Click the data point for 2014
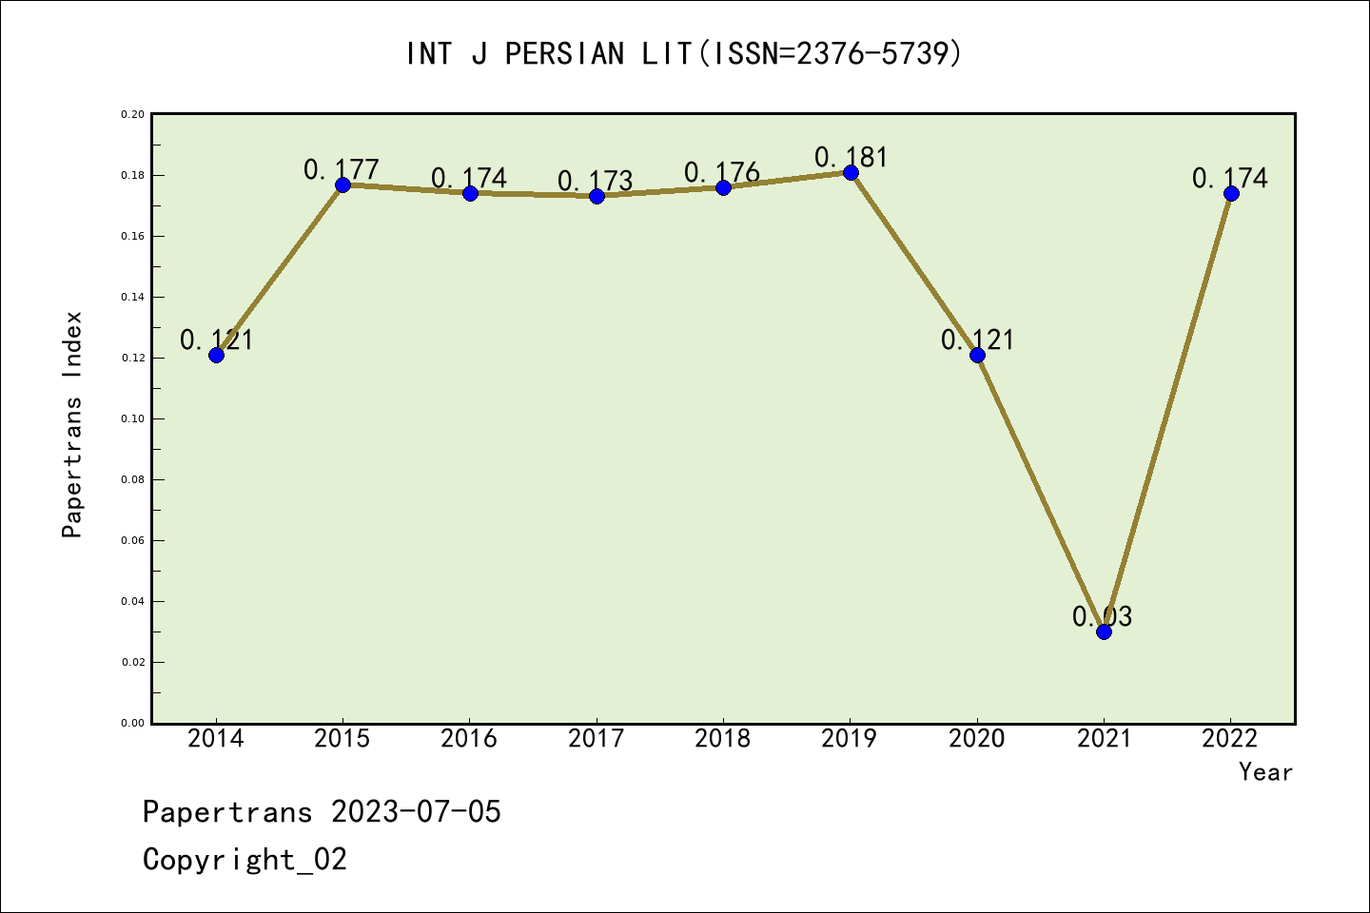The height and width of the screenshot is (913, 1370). pos(216,355)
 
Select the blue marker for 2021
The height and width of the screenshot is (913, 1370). pos(1104,631)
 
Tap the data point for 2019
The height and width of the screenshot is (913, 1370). pos(851,172)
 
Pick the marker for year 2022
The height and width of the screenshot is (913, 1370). pos(1231,193)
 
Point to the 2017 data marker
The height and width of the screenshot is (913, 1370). pos(597,196)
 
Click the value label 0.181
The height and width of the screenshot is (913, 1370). pos(851,157)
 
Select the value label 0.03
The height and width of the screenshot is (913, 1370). pos(1102,616)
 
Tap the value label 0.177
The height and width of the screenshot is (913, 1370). pos(342,169)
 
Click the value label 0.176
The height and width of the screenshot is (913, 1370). pos(722,172)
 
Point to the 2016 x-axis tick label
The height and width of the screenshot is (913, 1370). pos(469,739)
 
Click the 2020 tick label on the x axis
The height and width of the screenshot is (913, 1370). pos(977,739)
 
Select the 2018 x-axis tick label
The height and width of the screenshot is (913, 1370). pos(723,739)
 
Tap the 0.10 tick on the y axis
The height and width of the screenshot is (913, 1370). pos(132,418)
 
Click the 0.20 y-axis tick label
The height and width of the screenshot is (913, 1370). pos(132,114)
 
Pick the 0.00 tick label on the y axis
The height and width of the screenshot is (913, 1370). pos(132,723)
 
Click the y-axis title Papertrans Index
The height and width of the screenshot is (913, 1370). pos(72,424)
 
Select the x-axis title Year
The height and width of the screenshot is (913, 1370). pos(1265,772)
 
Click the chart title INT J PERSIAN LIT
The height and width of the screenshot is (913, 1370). pos(684,53)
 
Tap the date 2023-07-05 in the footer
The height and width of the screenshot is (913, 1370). pos(416,812)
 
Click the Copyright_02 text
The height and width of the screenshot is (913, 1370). pos(245,860)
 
